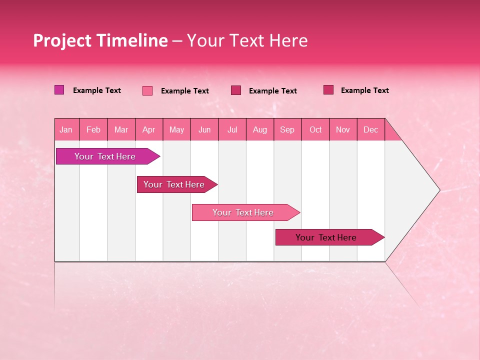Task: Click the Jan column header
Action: tap(66, 130)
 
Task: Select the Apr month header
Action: tap(149, 130)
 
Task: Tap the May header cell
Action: tap(176, 130)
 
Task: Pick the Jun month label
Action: tap(204, 130)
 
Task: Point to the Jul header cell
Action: tap(232, 130)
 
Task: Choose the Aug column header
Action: tap(260, 130)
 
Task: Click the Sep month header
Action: tap(287, 130)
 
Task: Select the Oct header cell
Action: tap(315, 130)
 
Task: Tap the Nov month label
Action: tap(343, 130)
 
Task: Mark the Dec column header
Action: tap(371, 130)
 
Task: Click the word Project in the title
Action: tap(62, 40)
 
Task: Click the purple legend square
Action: tap(59, 90)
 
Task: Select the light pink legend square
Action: tap(147, 90)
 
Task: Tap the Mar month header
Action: tap(121, 130)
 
